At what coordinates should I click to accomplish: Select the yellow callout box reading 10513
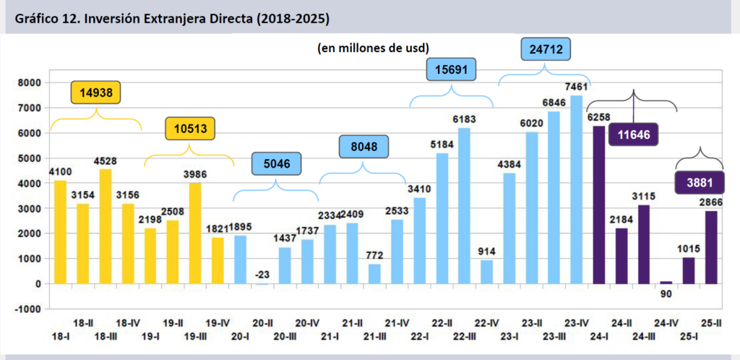[x=189, y=129]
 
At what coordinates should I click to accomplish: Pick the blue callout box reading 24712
[x=546, y=50]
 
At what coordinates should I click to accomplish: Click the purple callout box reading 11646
[x=634, y=134]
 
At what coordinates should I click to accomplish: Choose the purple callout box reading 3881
[x=699, y=181]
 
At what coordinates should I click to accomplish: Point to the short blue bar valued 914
[x=486, y=272]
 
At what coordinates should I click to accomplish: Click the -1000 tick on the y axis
[x=28, y=309]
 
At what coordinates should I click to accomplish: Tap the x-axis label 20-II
[x=263, y=324]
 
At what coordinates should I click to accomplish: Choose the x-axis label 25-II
[x=712, y=324]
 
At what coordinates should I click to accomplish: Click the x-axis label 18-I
[x=61, y=337]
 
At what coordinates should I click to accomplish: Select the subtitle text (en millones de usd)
[x=373, y=48]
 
